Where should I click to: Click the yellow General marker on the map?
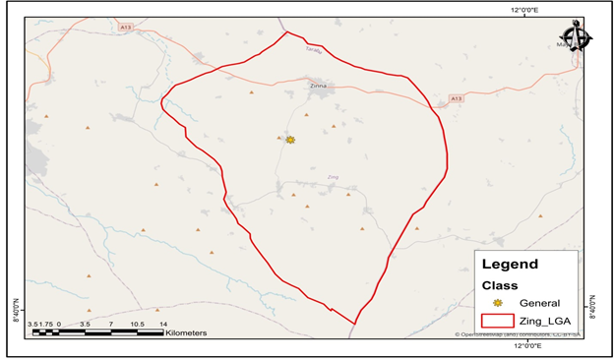pos(290,140)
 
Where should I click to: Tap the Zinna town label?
pos(318,87)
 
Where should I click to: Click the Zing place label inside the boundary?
pos(333,177)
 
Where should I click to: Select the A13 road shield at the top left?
pos(125,27)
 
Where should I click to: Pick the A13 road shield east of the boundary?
pos(456,98)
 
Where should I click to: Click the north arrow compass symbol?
pos(577,38)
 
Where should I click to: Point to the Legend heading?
pos(510,265)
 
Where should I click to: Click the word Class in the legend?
pos(499,285)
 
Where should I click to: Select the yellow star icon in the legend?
pos(498,303)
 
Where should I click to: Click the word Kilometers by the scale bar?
pos(186,333)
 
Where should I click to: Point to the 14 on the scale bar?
pos(163,324)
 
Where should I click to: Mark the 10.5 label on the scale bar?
pos(137,324)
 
